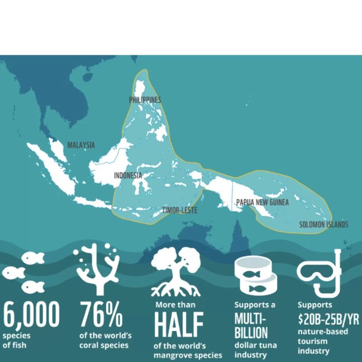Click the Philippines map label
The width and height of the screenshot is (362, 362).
(145, 100)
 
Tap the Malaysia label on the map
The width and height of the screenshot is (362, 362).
(81, 145)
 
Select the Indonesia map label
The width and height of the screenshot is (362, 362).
(128, 175)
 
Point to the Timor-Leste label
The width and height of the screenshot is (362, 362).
(179, 210)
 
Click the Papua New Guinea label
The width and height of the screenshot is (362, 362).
(262, 203)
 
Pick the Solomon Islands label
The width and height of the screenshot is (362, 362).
(324, 225)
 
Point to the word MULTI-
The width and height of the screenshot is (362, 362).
(251, 317)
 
